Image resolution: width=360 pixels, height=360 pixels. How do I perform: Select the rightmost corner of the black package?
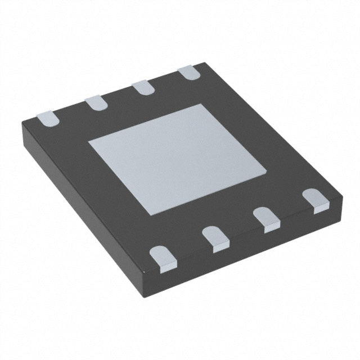coord(341,194)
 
